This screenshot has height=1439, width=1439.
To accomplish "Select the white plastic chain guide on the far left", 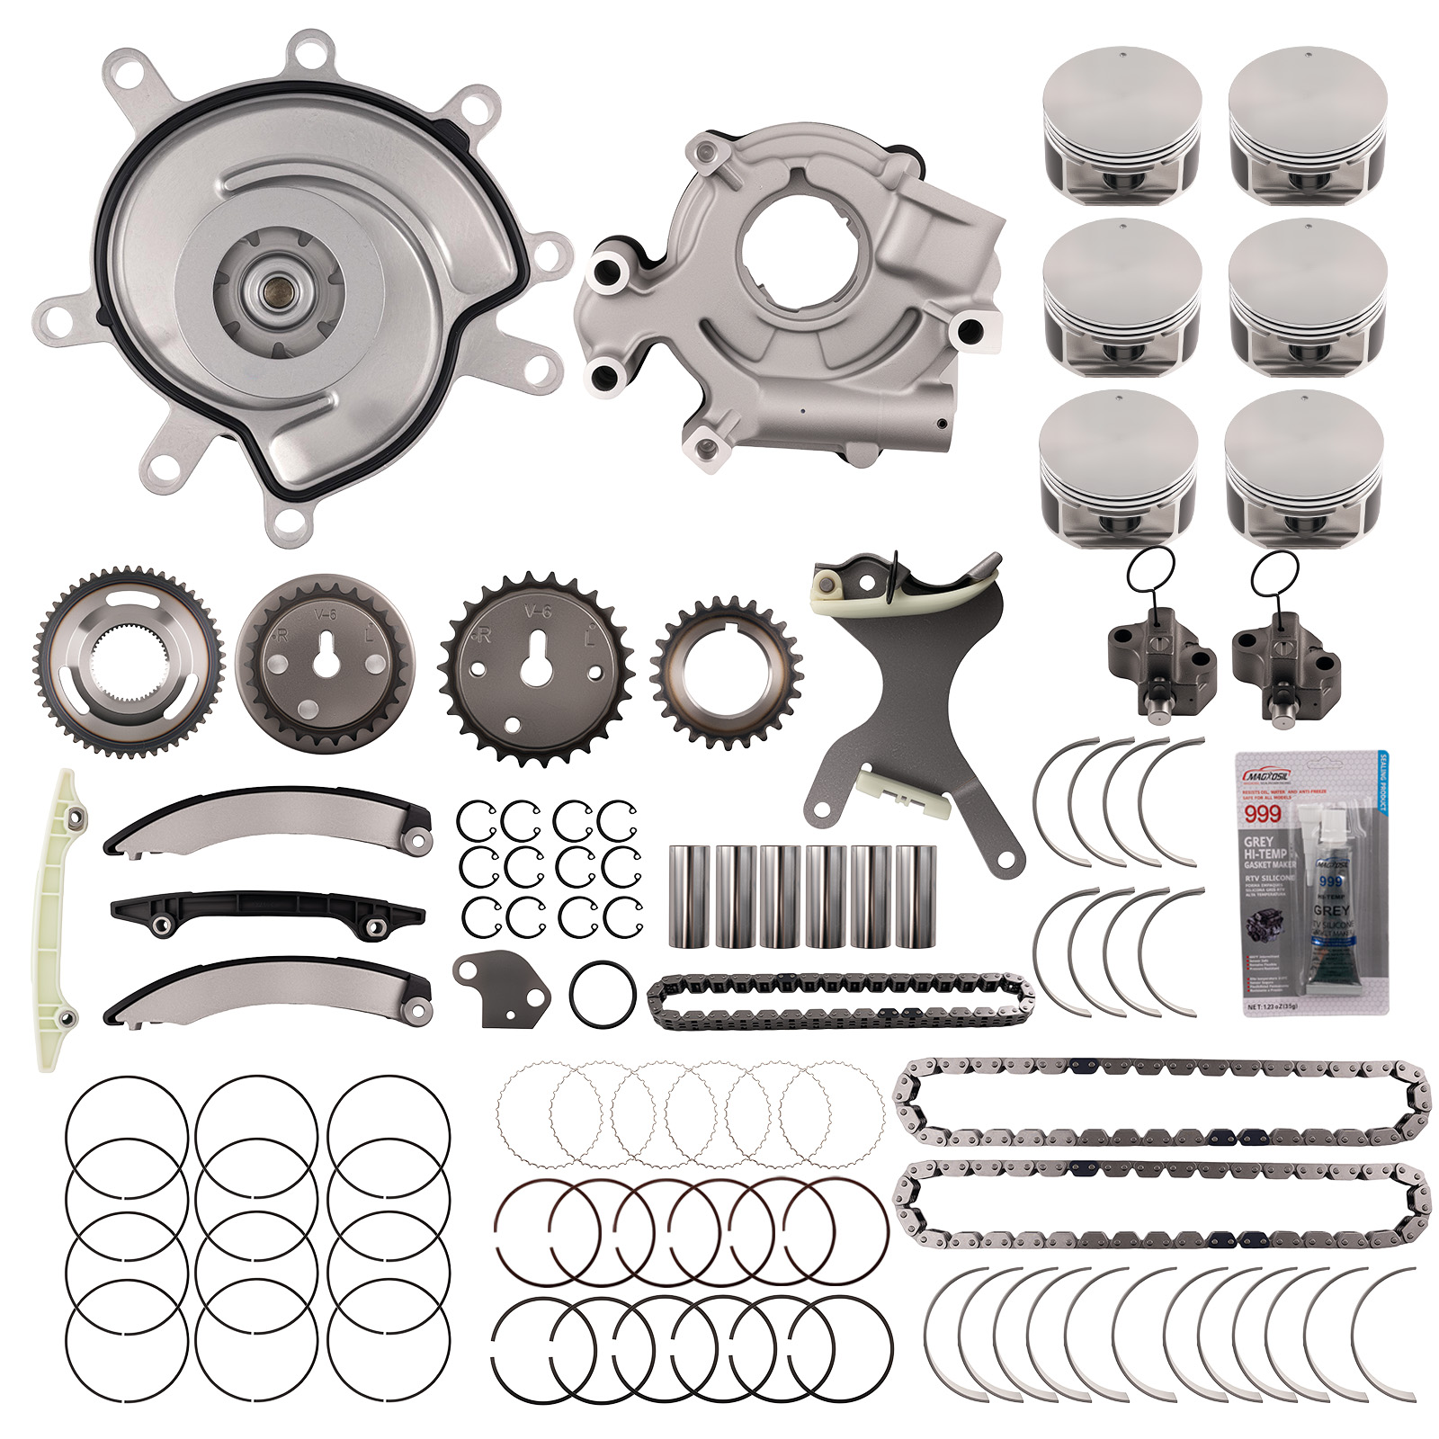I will point(58,917).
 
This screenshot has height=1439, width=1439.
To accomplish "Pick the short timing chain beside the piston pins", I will point(840,1001).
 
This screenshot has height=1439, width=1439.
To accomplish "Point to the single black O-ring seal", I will point(603,993).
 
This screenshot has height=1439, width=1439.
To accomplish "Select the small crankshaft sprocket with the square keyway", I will point(727,671).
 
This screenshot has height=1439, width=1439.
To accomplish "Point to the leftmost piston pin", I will point(690,895).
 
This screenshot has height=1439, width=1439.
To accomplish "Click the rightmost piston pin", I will point(916,895).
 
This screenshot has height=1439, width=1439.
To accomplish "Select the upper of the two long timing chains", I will point(1160,1102).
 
